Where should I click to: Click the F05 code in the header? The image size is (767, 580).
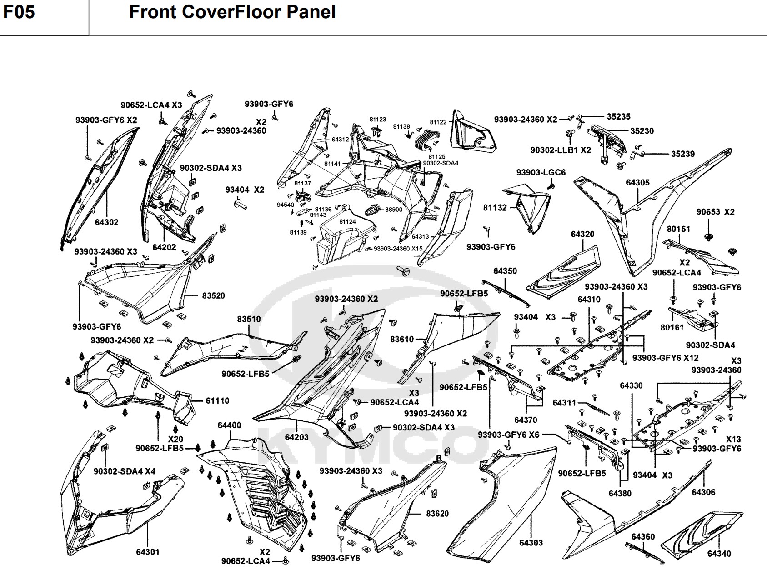19,12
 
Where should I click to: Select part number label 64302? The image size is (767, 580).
107,222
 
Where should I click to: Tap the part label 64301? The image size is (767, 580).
147,552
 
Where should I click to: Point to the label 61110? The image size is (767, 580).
217,400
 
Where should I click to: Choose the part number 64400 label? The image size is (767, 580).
229,425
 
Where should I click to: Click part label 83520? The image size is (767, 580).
213,295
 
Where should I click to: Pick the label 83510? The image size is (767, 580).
249,319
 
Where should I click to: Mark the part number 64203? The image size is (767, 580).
297,437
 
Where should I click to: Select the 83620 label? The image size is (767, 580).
437,514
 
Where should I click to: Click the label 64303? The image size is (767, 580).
531,543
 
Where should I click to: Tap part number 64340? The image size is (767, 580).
719,554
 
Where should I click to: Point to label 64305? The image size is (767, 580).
638,182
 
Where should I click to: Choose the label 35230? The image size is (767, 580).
642,131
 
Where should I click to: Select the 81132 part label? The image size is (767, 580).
495,208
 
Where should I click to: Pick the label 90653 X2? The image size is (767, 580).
716,212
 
